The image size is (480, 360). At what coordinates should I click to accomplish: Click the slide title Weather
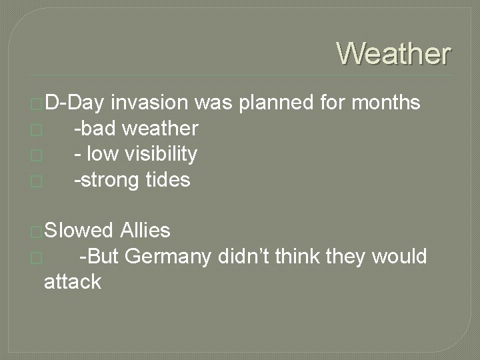point(394,53)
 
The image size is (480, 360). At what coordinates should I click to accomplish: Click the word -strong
point(103,180)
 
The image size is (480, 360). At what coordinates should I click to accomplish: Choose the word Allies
point(145,231)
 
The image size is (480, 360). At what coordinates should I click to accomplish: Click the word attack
point(72,282)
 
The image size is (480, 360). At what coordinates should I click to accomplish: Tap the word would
point(400,257)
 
